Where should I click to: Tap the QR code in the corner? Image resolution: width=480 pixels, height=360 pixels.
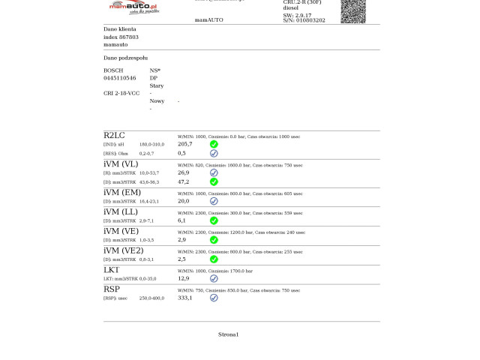(x=353, y=10)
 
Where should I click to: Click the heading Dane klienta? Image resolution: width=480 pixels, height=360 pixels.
(x=120, y=28)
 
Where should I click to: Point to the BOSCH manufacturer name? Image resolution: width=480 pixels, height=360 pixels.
(x=113, y=70)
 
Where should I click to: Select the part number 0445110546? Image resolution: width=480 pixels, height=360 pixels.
(x=120, y=78)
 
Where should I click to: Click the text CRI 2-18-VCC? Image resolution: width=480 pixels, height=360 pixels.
(x=121, y=93)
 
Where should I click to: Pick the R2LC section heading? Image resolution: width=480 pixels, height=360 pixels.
(x=114, y=135)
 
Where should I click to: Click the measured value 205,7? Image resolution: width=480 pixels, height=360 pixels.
(x=184, y=144)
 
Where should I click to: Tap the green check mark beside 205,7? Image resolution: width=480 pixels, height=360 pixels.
(x=214, y=144)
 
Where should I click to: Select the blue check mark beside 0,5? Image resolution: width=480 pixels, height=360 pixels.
(x=214, y=153)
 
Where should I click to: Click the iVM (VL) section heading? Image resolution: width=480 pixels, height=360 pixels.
(x=121, y=163)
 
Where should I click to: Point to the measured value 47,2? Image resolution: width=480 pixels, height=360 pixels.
(x=183, y=181)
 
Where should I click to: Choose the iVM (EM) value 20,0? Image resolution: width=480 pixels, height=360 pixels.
(x=183, y=201)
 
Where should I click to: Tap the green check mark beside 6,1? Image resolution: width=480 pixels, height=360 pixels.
(x=214, y=220)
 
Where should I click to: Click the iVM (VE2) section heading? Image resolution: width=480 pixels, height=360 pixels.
(x=123, y=250)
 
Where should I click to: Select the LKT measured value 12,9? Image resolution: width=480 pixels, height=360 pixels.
(x=183, y=278)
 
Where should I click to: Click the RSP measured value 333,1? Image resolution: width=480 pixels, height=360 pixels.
(x=184, y=298)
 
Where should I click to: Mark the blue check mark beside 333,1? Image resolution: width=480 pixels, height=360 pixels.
(x=214, y=298)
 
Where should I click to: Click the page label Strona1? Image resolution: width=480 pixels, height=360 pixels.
(x=228, y=334)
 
